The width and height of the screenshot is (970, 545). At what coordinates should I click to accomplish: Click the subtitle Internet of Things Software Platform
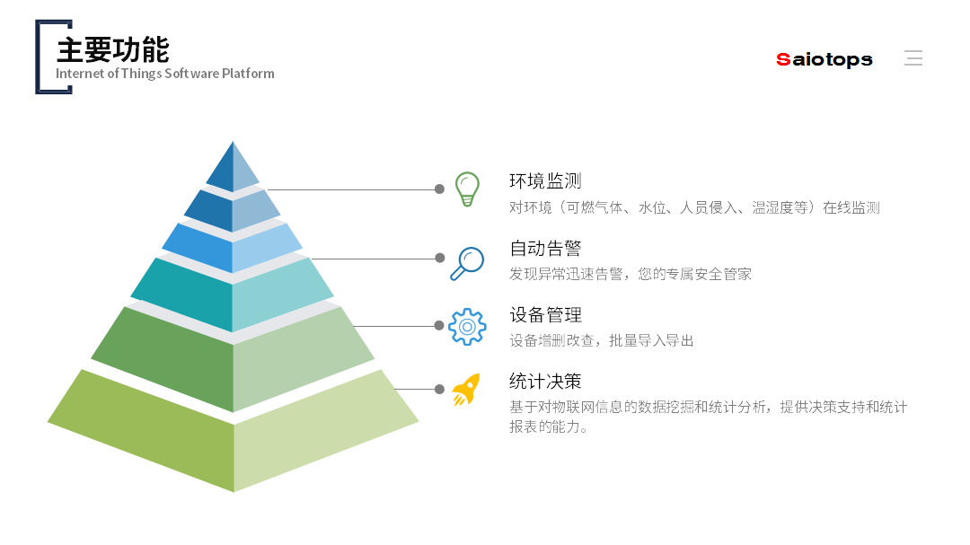[164, 74]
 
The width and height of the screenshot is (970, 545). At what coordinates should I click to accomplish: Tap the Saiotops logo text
[824, 59]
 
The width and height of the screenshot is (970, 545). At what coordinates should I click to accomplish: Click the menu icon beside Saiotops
[913, 58]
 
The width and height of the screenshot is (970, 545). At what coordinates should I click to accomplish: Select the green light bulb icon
[466, 189]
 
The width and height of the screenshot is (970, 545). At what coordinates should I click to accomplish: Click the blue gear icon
[467, 327]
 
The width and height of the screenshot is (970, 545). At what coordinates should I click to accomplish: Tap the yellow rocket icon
[464, 390]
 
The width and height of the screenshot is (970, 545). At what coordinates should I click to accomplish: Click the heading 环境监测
[545, 181]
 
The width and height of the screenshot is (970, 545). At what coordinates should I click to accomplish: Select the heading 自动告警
[545, 248]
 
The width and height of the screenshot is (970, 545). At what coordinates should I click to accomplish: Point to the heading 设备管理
[545, 315]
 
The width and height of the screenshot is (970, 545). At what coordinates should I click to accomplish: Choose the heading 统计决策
[545, 382]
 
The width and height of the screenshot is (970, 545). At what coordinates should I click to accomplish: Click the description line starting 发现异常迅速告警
[630, 274]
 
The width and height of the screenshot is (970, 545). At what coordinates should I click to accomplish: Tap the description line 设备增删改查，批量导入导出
[601, 341]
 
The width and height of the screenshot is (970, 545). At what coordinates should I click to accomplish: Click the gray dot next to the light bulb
[439, 189]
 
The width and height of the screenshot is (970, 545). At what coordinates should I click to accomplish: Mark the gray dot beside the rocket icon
[439, 389]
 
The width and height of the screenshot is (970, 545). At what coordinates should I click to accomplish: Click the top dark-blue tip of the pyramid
[223, 171]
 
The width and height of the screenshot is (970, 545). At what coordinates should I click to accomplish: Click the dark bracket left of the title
[41, 57]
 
